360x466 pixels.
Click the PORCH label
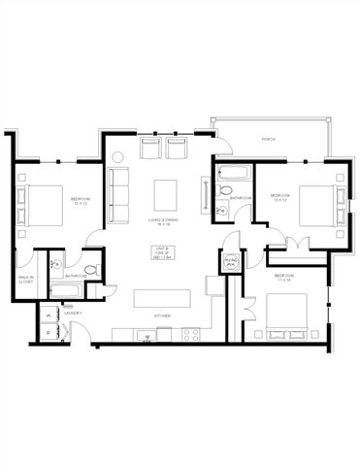(269, 140)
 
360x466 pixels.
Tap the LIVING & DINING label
(161, 220)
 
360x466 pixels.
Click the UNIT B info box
(162, 254)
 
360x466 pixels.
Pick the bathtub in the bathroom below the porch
(234, 175)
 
